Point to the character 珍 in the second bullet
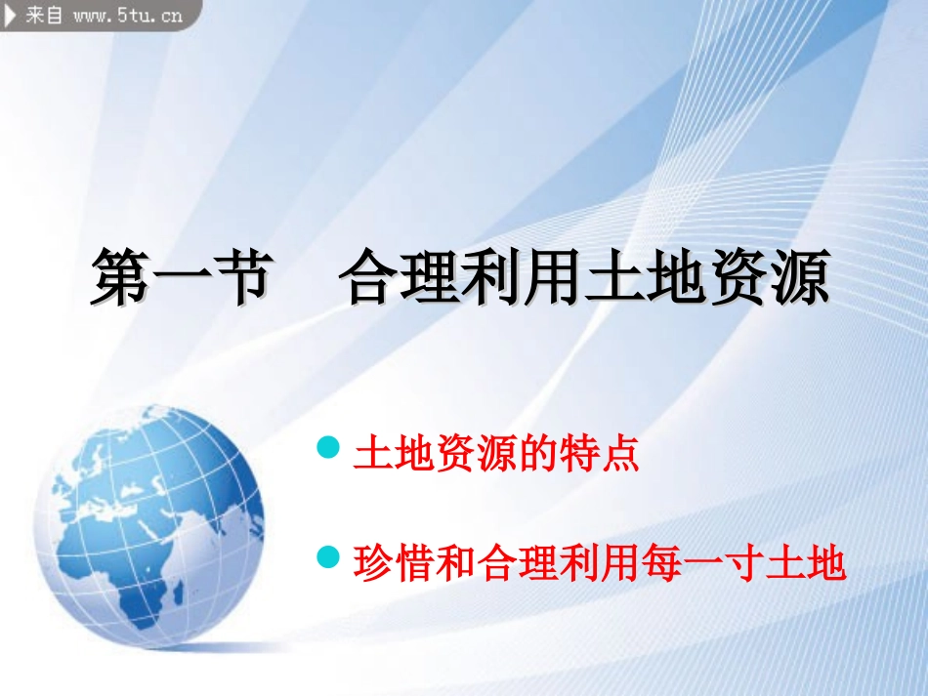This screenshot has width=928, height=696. pos(373,562)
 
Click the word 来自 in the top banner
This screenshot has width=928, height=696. pos(44,14)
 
